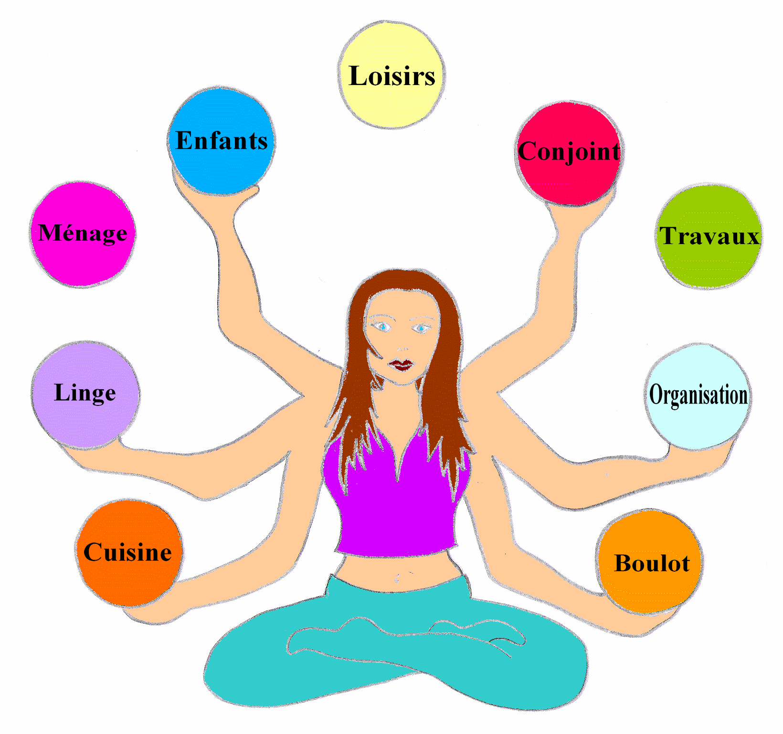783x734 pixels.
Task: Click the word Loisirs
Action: pyautogui.click(x=392, y=76)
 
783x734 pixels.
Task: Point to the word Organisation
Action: pyautogui.click(x=698, y=395)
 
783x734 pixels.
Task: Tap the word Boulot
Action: pyautogui.click(x=652, y=564)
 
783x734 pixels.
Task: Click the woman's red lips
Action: pyautogui.click(x=401, y=365)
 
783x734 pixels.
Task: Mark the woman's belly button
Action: pyautogui.click(x=397, y=579)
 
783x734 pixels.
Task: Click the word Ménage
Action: pyautogui.click(x=83, y=233)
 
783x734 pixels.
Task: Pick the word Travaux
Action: pyautogui.click(x=709, y=236)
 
